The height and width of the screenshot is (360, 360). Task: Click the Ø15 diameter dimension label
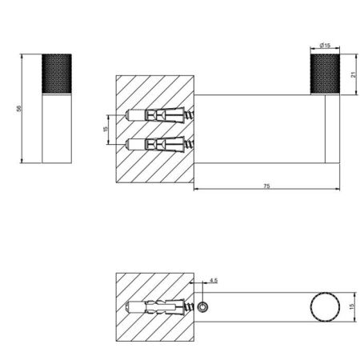pos(325,46)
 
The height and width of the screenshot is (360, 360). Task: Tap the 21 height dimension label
pos(354,75)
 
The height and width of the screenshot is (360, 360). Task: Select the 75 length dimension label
pos(266,186)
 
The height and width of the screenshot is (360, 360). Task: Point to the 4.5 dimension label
pos(214,280)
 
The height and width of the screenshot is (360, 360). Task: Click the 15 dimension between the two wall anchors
pos(106,129)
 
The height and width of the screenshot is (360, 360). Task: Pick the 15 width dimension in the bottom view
pos(352,306)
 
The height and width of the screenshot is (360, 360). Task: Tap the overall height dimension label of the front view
pos(18,109)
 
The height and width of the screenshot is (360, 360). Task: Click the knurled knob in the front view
pos(57,74)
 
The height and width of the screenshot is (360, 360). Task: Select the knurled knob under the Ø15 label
pos(325,74)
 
